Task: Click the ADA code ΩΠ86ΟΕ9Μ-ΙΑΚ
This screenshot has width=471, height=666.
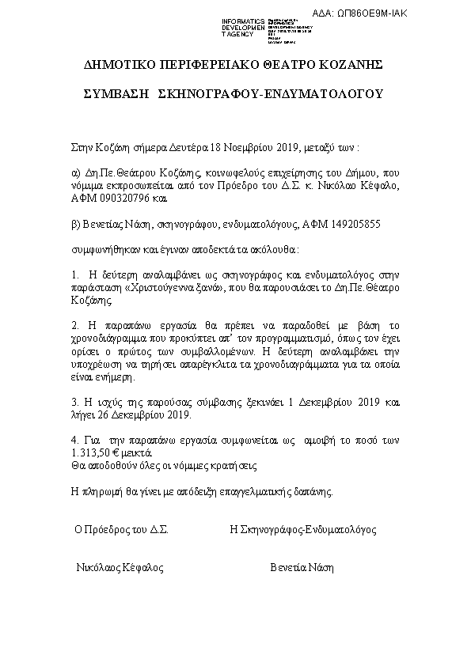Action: click(x=423, y=14)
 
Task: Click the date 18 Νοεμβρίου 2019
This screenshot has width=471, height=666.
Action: click(x=245, y=147)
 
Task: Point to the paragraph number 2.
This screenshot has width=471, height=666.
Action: click(x=74, y=324)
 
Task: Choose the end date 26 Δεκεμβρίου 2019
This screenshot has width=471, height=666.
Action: click(x=148, y=414)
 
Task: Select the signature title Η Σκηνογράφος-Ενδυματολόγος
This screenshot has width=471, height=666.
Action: click(x=302, y=529)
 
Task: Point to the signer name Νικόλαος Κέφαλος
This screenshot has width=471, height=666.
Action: click(x=120, y=568)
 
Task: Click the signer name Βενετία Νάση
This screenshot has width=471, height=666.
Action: click(x=302, y=568)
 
